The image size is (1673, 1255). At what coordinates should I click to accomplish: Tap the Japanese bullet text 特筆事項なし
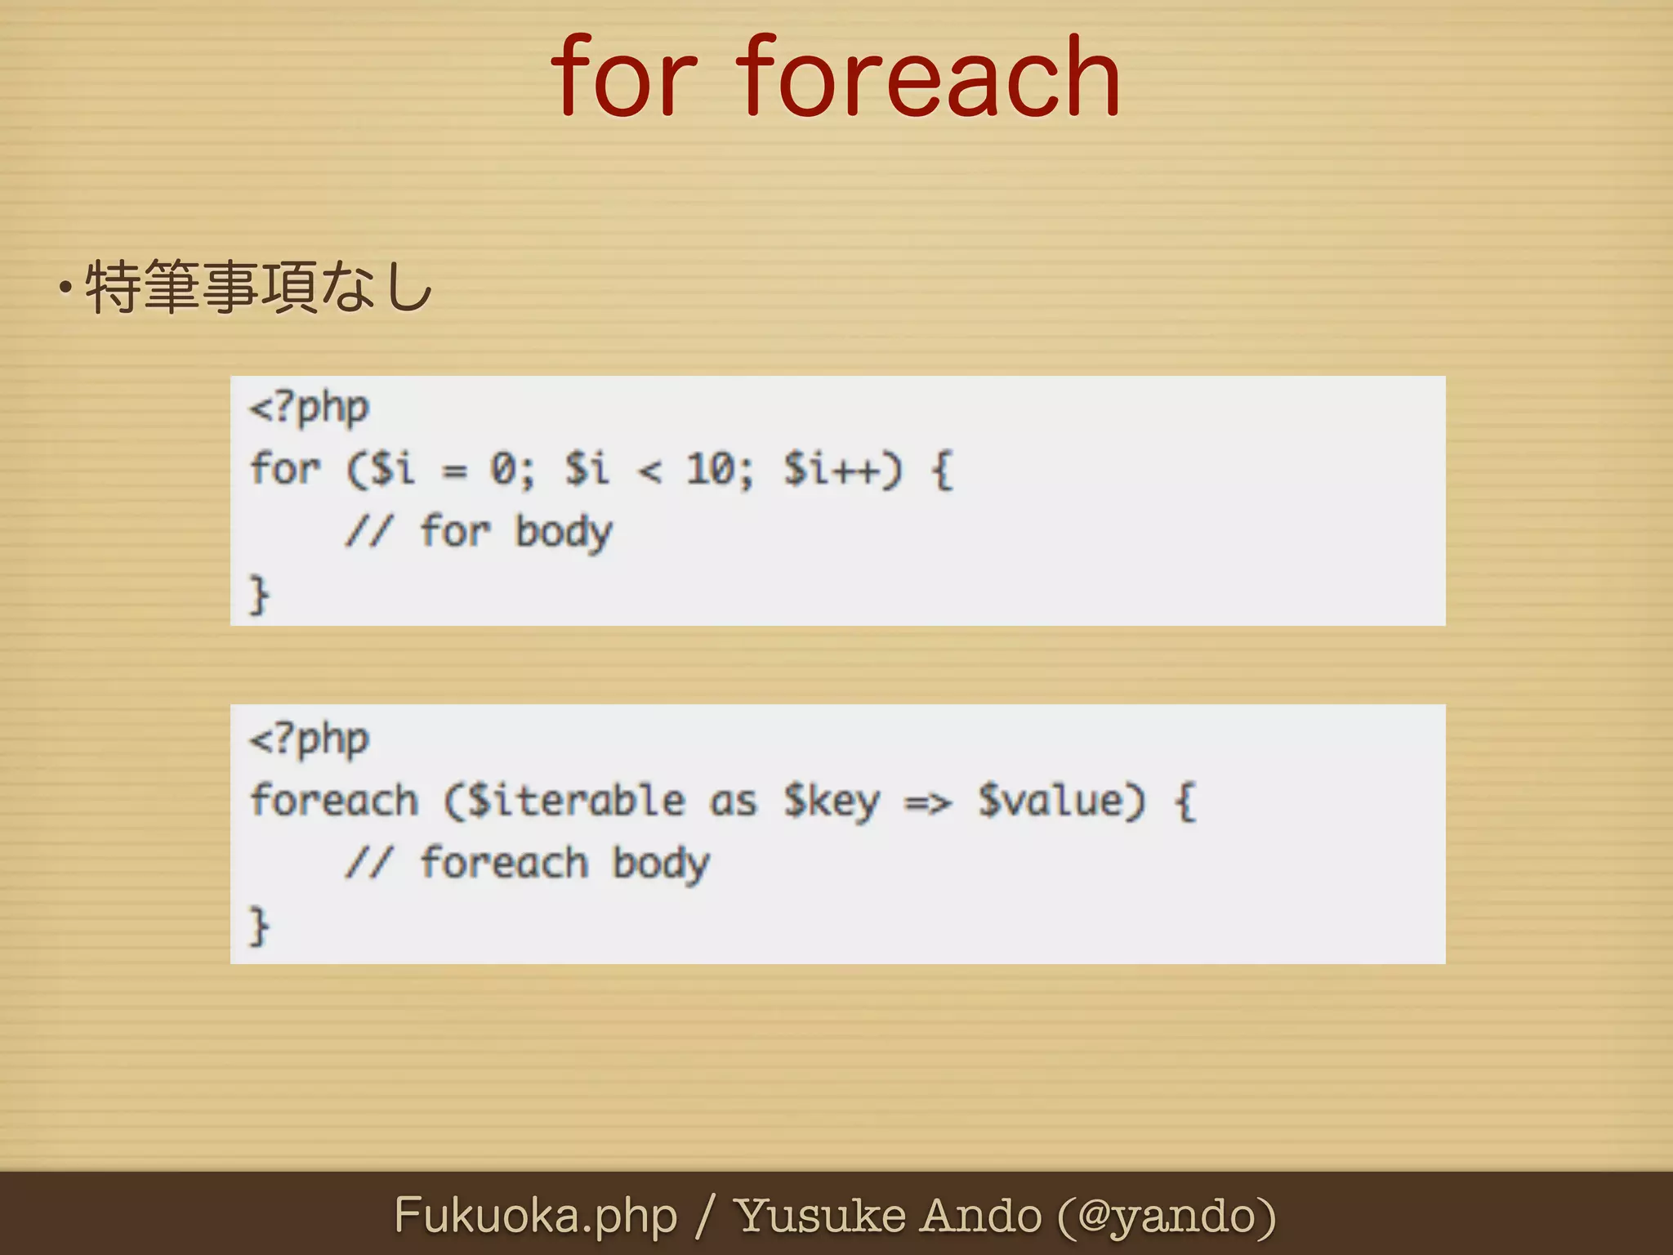[x=258, y=287]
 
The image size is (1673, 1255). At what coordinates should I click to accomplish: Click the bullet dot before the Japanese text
[x=65, y=288]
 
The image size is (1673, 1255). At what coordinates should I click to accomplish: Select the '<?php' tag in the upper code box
[x=310, y=408]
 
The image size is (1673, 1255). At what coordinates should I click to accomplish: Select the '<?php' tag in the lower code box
[x=310, y=739]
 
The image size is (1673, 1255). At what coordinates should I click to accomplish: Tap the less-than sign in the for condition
[x=649, y=471]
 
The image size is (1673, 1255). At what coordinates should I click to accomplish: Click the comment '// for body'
[x=478, y=532]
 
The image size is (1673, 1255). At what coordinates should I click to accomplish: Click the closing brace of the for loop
[x=259, y=594]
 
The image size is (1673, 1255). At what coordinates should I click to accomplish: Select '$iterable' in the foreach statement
[x=564, y=801]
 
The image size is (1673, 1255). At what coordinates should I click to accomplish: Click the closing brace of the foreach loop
[x=259, y=926]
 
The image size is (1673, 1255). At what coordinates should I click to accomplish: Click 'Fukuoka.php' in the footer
[x=536, y=1216]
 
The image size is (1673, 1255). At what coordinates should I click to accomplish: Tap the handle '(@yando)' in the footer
[x=1167, y=1216]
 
